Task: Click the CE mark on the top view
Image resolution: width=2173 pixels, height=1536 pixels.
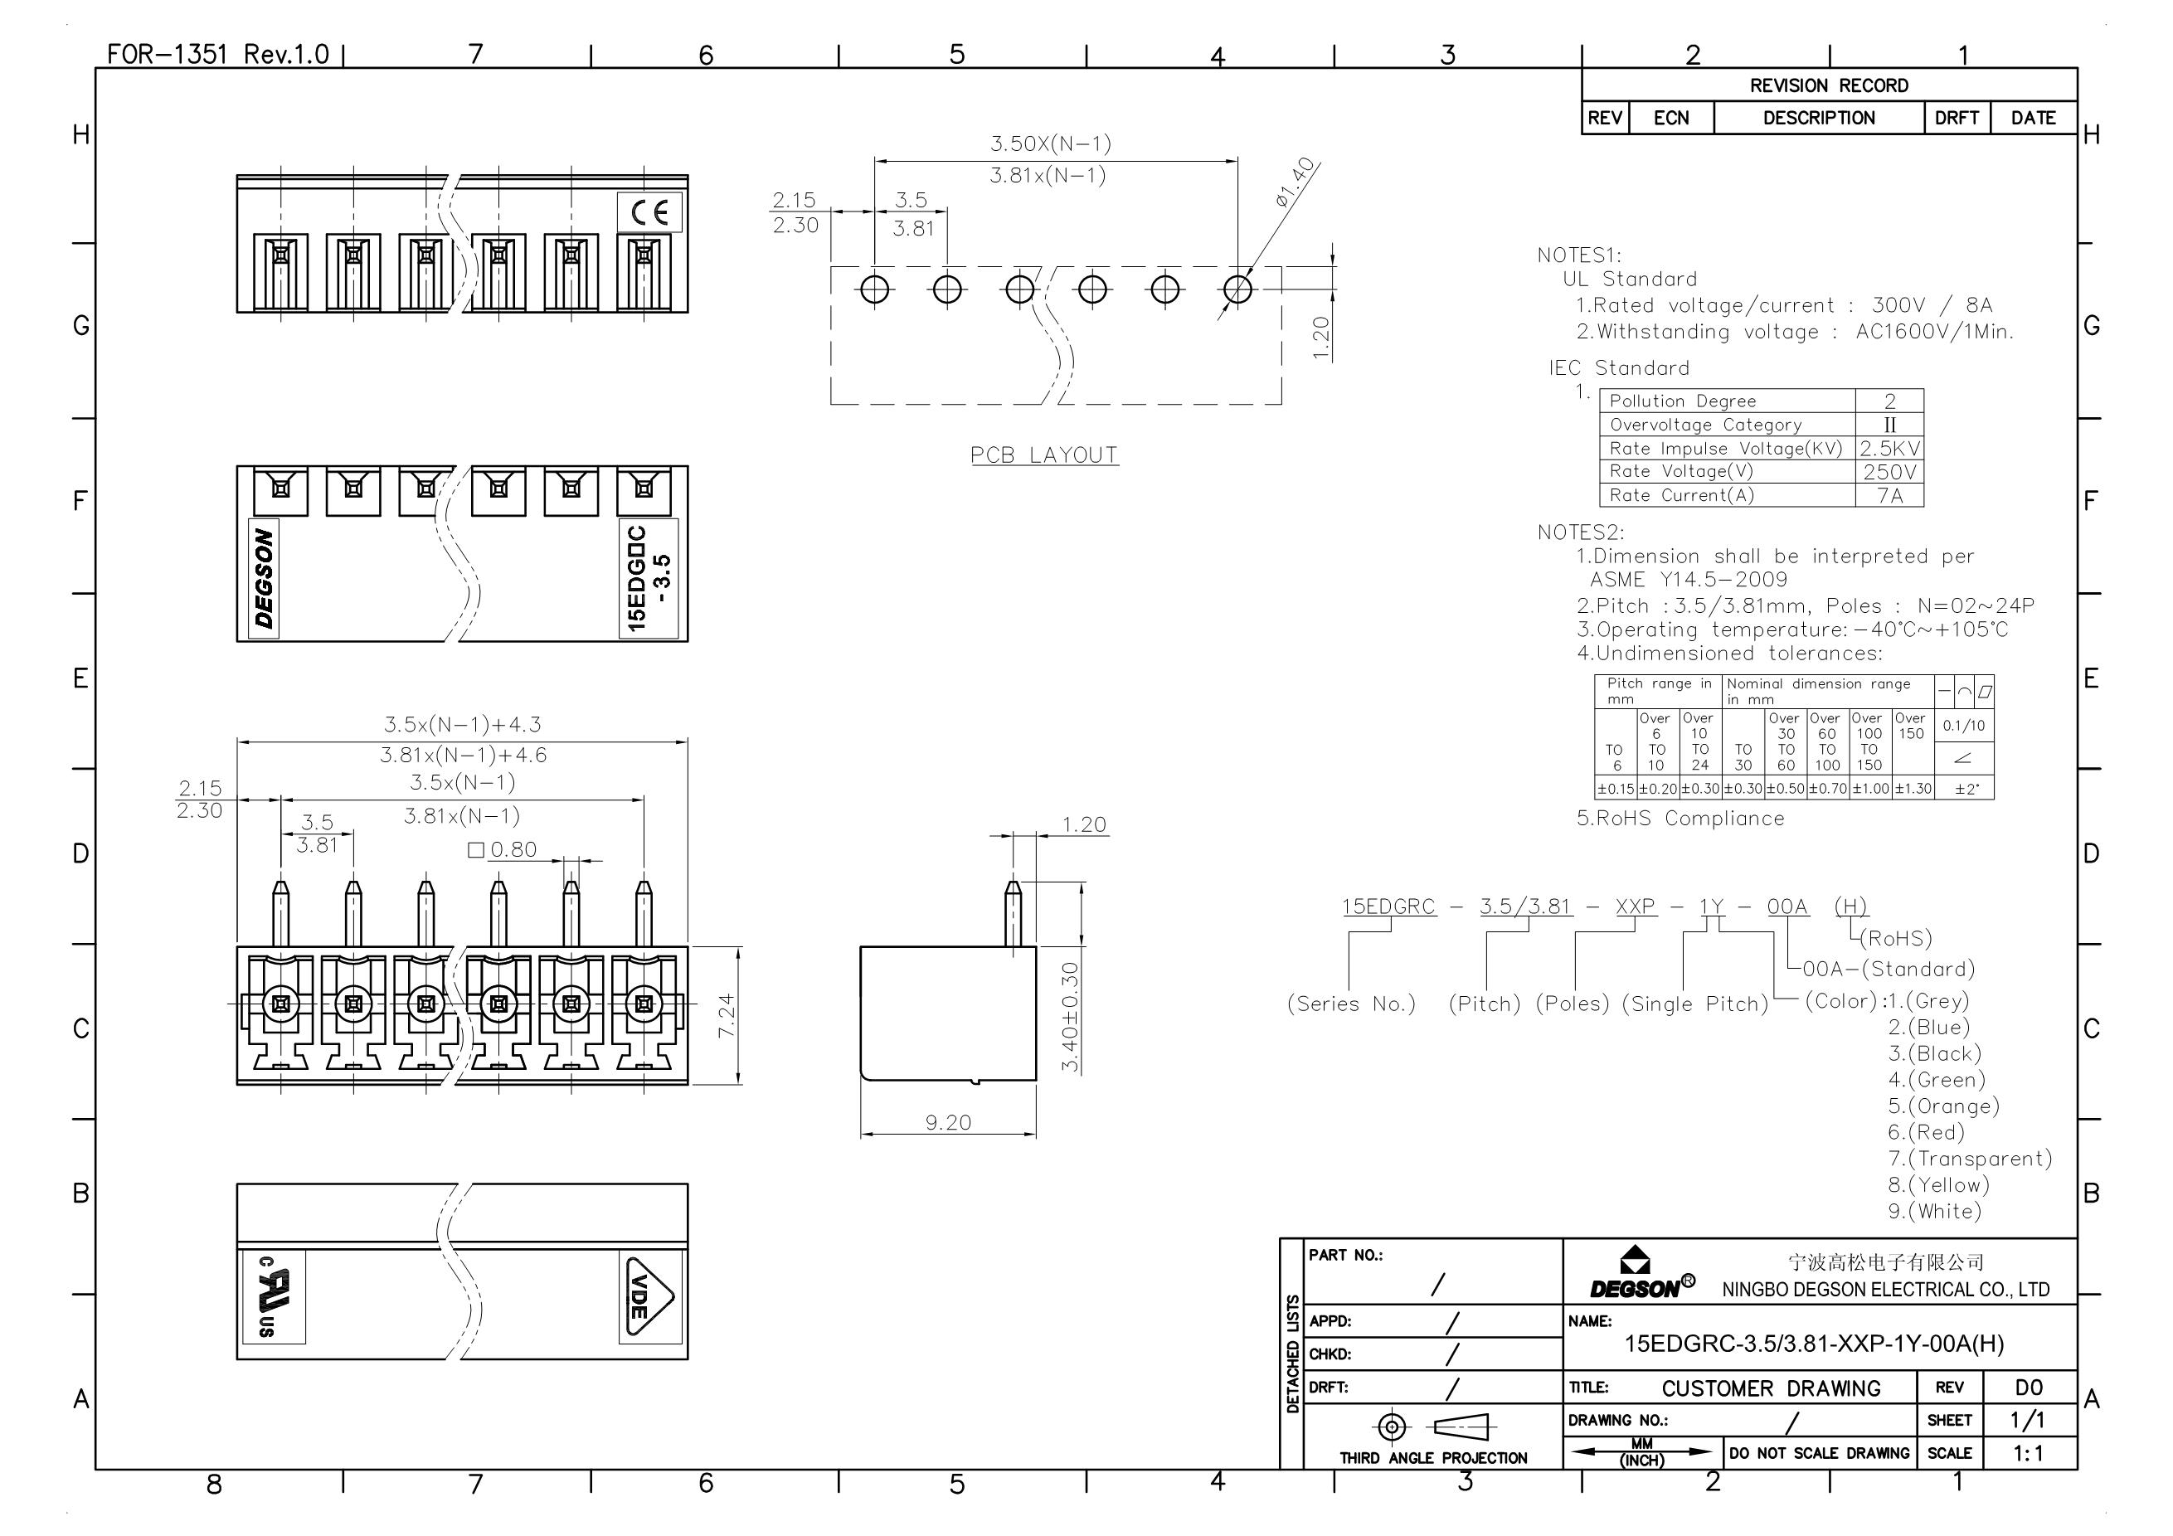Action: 649,212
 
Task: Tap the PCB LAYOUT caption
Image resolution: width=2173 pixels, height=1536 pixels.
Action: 1044,455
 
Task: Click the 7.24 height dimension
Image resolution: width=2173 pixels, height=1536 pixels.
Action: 726,1015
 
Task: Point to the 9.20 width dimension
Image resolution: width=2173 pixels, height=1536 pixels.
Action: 948,1122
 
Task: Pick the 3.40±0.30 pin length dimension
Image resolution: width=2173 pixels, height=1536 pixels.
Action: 1069,1018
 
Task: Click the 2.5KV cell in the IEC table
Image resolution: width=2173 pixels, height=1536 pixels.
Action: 1890,449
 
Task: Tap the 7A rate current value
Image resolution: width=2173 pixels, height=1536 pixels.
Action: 1890,495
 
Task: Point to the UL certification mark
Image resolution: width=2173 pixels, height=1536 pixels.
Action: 274,1297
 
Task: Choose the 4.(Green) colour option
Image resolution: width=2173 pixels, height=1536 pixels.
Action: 1937,1080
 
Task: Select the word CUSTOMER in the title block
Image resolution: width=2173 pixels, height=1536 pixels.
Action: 1718,1388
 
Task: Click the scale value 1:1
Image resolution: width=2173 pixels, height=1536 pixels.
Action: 2028,1453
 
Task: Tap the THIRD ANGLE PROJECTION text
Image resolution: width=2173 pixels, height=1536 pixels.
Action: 1433,1458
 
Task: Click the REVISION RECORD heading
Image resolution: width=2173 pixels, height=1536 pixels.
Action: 1829,86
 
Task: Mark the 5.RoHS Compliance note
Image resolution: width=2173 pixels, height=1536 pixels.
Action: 1680,819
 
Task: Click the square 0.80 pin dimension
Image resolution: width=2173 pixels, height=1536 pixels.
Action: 503,850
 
